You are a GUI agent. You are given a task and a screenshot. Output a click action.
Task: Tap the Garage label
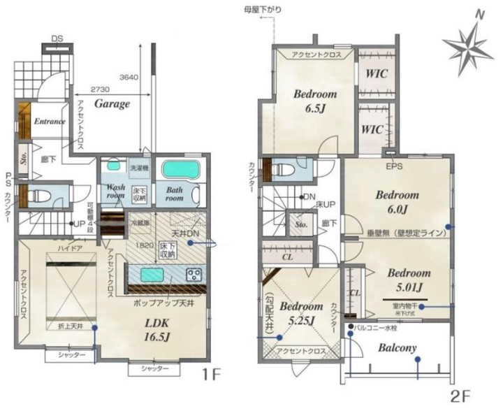click(x=112, y=103)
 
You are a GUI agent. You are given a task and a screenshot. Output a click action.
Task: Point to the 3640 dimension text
click(x=130, y=76)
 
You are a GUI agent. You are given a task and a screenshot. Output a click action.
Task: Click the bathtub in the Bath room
click(x=181, y=169)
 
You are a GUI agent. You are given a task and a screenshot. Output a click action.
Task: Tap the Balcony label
click(x=398, y=347)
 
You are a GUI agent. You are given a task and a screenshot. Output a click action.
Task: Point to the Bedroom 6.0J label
click(x=396, y=201)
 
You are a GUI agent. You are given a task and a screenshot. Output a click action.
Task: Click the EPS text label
click(x=394, y=167)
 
